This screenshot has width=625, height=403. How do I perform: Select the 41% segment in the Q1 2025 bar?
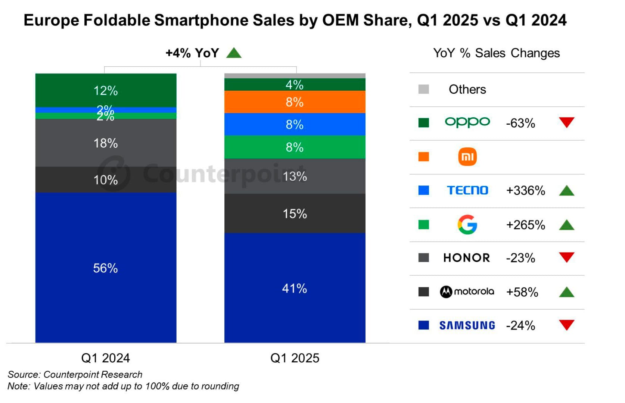295,288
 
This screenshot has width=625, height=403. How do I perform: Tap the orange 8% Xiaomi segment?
295,102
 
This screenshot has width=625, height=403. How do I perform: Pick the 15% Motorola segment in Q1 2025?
295,213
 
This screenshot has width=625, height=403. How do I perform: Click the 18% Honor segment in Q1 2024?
106,143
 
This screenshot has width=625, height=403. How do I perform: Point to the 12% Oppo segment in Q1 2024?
106,90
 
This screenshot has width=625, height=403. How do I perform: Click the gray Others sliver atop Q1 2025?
295,76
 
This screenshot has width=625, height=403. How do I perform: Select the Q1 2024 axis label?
106,358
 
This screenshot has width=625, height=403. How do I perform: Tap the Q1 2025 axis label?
295,358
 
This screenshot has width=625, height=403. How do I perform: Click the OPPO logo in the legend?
467,122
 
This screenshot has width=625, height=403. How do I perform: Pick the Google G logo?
467,225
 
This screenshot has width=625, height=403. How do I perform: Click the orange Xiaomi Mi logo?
467,157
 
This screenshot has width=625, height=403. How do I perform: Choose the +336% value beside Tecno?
525,191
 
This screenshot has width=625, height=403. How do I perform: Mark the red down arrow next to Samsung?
566,325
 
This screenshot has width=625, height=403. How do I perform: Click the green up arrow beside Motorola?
566,292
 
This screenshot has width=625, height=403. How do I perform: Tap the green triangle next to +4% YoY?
234,53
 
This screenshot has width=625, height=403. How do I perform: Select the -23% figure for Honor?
520,258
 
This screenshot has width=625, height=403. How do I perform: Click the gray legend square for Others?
423,89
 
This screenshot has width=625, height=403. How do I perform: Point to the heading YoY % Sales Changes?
496,53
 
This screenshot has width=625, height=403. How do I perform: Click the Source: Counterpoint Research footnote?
75,374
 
